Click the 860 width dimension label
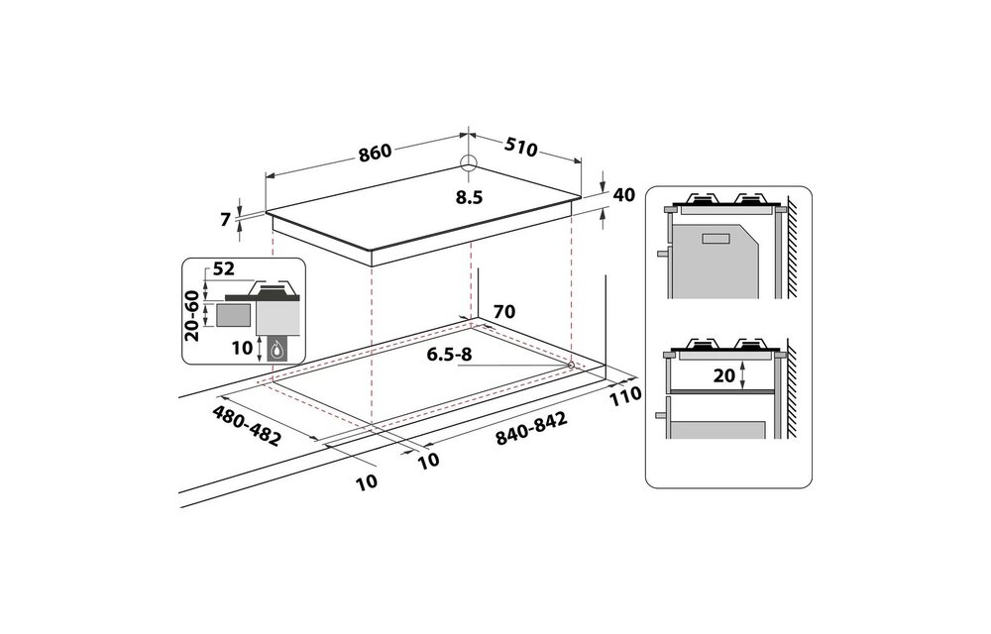click(x=376, y=153)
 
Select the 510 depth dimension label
click(x=520, y=148)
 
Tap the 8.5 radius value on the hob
click(x=469, y=197)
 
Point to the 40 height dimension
click(x=624, y=195)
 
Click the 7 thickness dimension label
click(x=225, y=220)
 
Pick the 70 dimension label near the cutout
click(x=503, y=312)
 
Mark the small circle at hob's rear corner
click(x=469, y=164)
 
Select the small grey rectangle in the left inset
click(x=234, y=316)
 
